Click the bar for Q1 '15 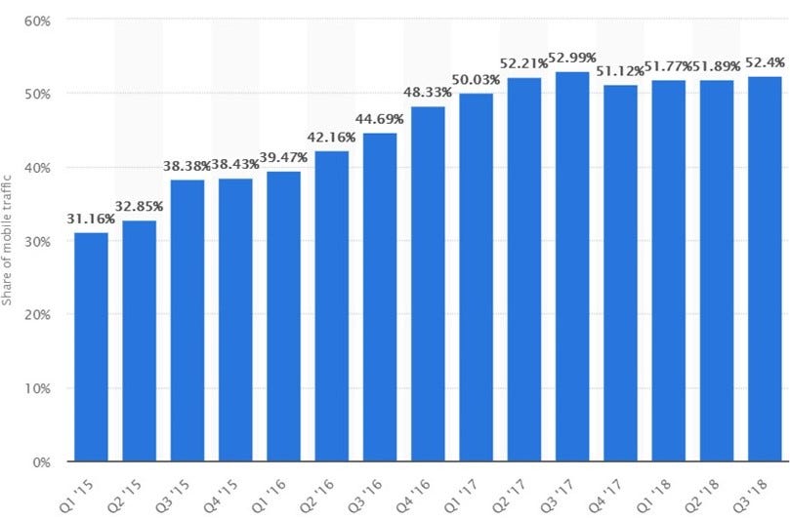91,346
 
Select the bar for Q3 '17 572,265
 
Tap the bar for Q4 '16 428,283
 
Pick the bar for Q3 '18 765,268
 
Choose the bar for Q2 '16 331,305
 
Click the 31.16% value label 91,220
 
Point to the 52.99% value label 572,60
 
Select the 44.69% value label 380,121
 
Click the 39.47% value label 283,159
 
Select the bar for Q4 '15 235,320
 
